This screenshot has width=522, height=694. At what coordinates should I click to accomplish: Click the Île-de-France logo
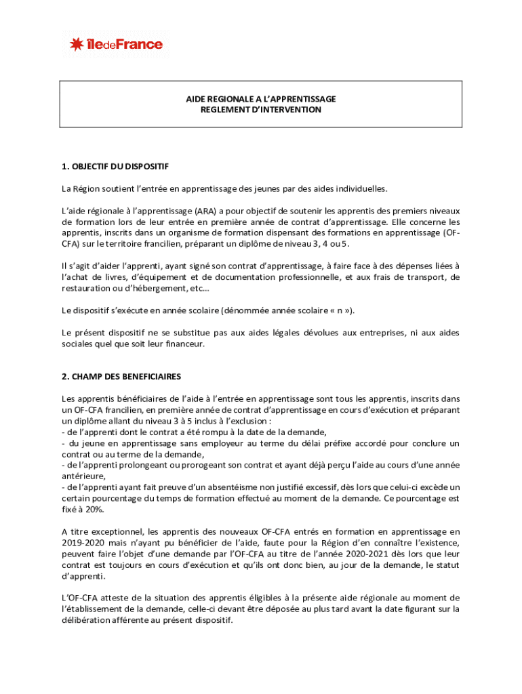click(115, 45)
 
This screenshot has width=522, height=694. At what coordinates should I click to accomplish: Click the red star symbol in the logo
click(76, 45)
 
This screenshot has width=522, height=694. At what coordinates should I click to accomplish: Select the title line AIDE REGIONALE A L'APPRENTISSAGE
click(261, 99)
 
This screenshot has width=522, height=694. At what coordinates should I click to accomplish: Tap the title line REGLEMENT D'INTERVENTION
click(261, 109)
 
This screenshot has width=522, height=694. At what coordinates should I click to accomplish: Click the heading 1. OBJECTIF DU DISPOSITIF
click(115, 166)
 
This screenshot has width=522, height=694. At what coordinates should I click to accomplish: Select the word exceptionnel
click(115, 531)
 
